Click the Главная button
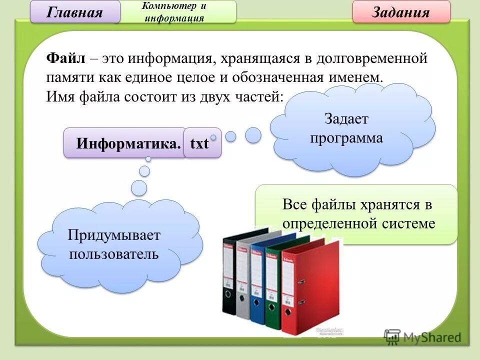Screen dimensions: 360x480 pyautogui.click(x=75, y=12)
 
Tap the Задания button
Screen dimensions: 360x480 pyautogui.click(x=401, y=12)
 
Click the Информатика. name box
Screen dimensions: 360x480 pyautogui.click(x=127, y=143)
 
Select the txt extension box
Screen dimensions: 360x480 pyautogui.click(x=200, y=143)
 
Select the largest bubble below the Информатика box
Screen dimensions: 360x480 pyautogui.click(x=139, y=188)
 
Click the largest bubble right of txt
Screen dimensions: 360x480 pyautogui.click(x=253, y=134)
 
